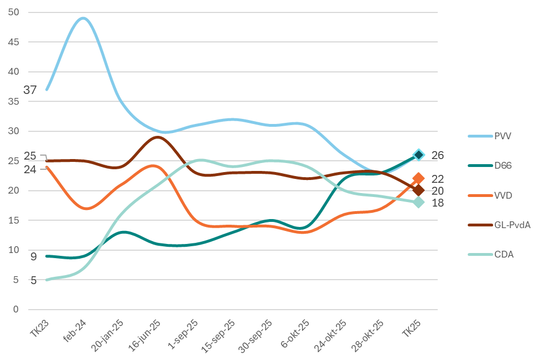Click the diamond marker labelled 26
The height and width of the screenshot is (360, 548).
418,155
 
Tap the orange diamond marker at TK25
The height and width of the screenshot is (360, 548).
418,179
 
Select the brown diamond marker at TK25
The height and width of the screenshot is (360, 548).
418,190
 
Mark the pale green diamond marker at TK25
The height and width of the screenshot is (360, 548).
418,202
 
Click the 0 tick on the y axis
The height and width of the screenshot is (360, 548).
16,309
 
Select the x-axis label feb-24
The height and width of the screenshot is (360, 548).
75,330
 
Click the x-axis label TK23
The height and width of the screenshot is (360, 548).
40,328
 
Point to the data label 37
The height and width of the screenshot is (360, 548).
30,90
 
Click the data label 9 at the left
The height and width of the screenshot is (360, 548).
33,257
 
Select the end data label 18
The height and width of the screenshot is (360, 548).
438,203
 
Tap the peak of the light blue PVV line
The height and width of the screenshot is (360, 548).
83,18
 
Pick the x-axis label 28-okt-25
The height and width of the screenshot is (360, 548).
368,335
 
